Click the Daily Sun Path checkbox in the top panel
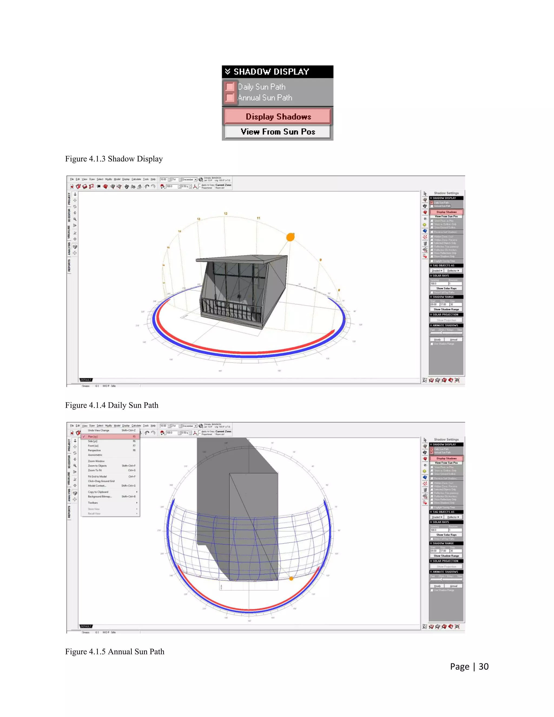[x=230, y=87]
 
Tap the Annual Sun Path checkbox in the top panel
[x=230, y=97]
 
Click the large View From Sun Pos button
[x=278, y=132]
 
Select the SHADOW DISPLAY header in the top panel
[x=271, y=72]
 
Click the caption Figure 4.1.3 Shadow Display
[x=114, y=159]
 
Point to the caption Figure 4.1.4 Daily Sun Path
[x=112, y=405]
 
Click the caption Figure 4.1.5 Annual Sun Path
[x=114, y=652]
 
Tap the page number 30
[x=483, y=666]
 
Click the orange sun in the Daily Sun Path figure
[x=290, y=237]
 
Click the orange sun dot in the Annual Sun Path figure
[x=291, y=578]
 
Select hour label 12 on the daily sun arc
[x=226, y=214]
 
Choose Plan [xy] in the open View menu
[x=93, y=437]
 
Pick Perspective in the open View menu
[x=94, y=450]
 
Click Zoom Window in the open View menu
[x=96, y=461]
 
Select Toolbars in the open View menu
[x=93, y=503]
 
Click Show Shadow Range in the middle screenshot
[x=446, y=309]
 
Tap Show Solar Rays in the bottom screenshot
[x=446, y=535]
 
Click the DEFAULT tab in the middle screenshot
[x=86, y=380]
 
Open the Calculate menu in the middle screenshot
[x=136, y=179]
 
